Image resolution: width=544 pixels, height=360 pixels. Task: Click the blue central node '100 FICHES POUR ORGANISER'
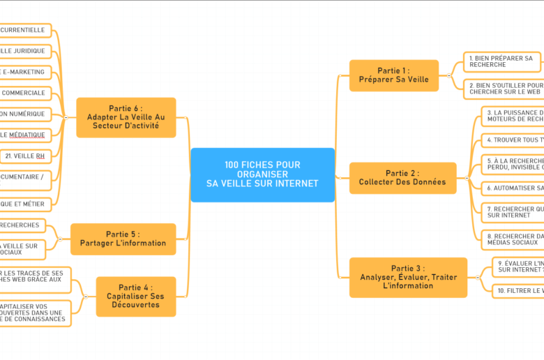pyautogui.click(x=262, y=174)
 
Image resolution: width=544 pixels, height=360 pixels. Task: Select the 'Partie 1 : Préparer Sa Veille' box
pyautogui.click(x=393, y=75)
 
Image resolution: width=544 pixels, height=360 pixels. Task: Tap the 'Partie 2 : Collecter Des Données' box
pyautogui.click(x=402, y=178)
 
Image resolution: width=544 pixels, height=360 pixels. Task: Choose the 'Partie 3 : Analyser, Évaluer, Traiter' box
pyautogui.click(x=408, y=277)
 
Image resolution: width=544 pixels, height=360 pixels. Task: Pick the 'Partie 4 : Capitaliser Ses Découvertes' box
pyautogui.click(x=135, y=296)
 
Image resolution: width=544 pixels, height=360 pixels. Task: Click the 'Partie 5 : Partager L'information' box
pyautogui.click(x=123, y=239)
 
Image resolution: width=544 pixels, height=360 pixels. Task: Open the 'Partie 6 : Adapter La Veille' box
pyautogui.click(x=126, y=117)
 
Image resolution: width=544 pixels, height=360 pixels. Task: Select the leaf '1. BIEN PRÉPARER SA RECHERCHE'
pyautogui.click(x=502, y=61)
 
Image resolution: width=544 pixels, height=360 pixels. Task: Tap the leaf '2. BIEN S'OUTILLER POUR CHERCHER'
pyautogui.click(x=504, y=89)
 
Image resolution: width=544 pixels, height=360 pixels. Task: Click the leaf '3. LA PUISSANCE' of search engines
pyautogui.click(x=513, y=116)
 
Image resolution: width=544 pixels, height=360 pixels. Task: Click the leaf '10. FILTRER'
pyautogui.click(x=517, y=291)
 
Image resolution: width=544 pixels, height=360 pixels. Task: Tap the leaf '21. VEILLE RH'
pyautogui.click(x=25, y=156)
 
